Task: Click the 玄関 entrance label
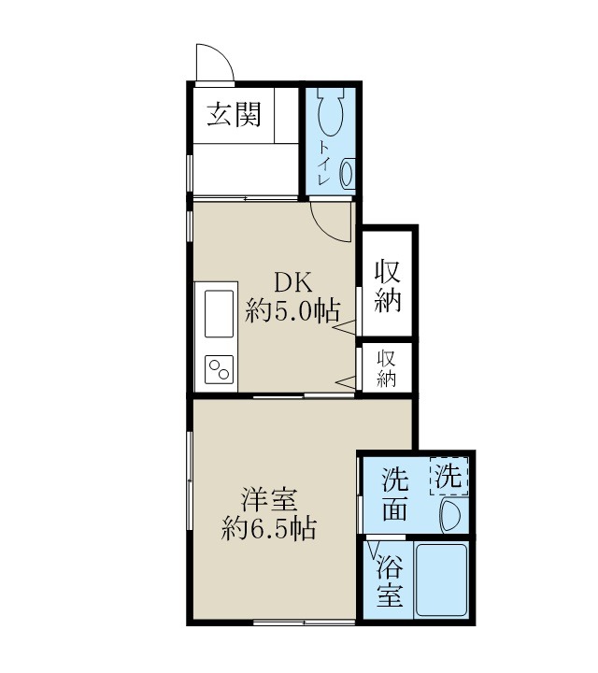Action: [234, 116]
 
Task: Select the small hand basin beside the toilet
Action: [347, 173]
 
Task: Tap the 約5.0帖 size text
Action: [292, 311]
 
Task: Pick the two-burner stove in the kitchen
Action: [219, 369]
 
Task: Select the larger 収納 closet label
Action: [388, 285]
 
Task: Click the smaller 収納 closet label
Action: [387, 367]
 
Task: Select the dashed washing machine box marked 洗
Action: [449, 478]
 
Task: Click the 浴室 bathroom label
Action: [390, 580]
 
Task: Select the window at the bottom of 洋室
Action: [299, 622]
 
